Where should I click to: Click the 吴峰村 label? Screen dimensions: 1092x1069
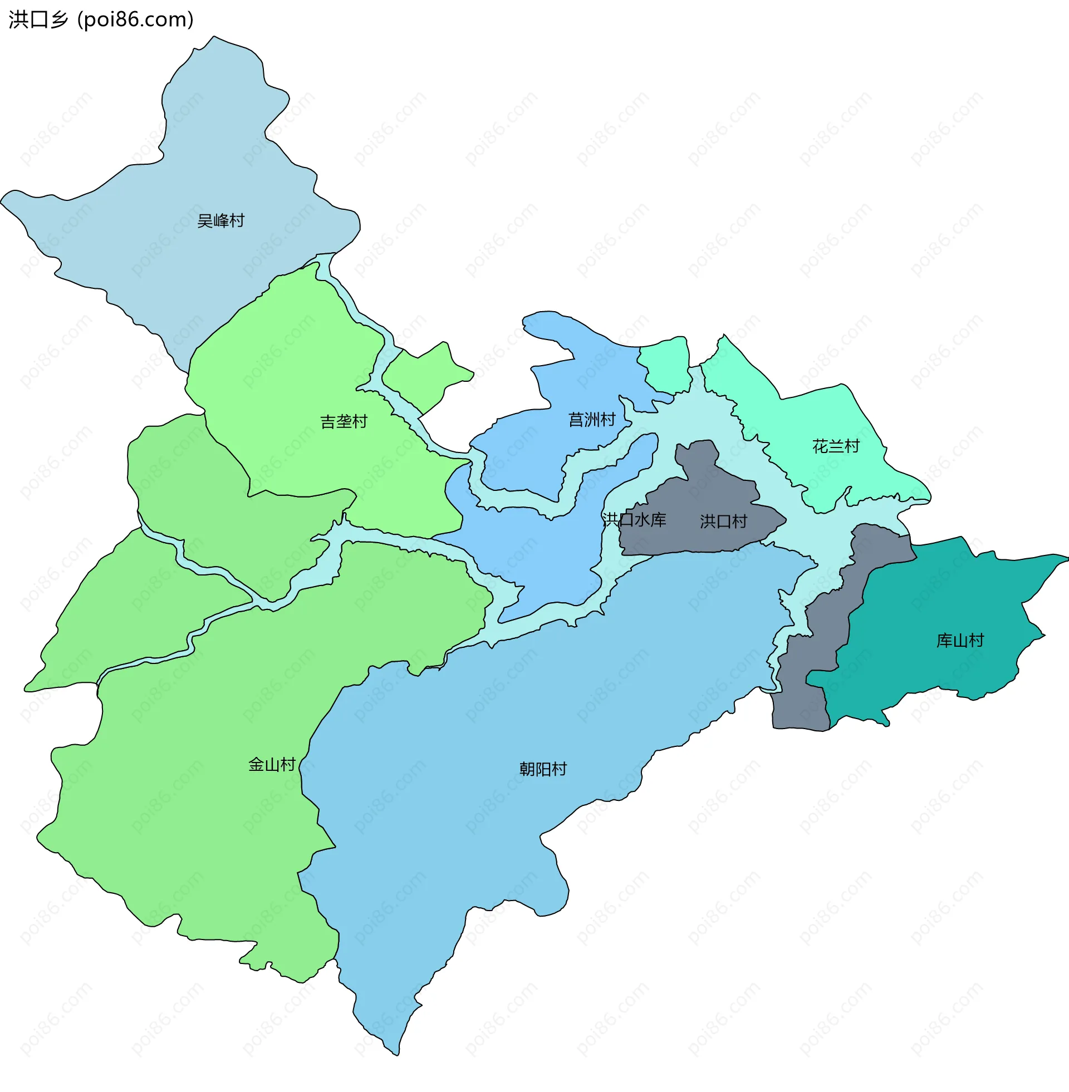click(x=220, y=220)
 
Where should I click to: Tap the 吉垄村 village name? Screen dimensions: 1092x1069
click(x=344, y=421)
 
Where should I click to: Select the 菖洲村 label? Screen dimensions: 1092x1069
click(x=592, y=419)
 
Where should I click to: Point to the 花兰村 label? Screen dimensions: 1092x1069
click(x=836, y=446)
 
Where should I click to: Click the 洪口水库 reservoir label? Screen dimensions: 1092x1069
click(x=634, y=520)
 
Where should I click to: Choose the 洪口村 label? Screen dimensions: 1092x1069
click(x=723, y=522)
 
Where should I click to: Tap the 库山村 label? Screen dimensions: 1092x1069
click(x=960, y=640)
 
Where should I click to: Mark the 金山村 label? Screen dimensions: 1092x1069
click(x=272, y=764)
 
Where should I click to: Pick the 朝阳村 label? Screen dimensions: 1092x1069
click(x=543, y=769)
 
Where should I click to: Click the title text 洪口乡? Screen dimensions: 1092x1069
click(x=38, y=19)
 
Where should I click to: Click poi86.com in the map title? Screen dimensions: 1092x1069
click(x=135, y=19)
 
